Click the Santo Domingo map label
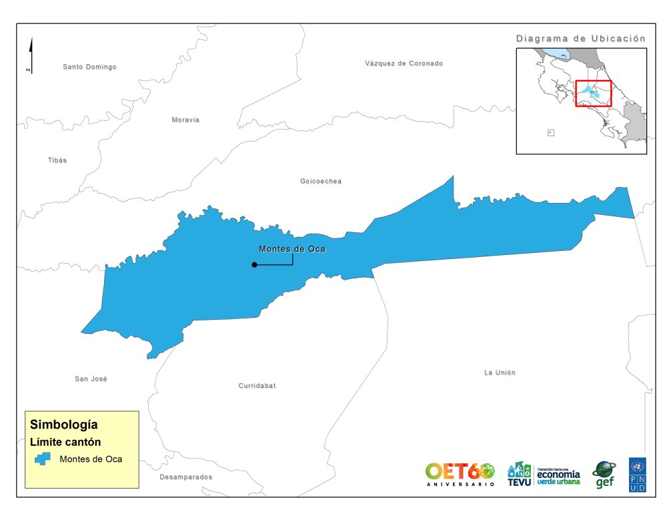coord(89,67)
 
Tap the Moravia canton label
coord(185,120)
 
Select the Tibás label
coord(57,160)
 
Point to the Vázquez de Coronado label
coord(404,63)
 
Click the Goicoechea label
coord(321,182)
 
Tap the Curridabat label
coord(257,386)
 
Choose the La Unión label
coord(500,372)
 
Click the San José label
coord(91,378)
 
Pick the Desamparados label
coord(185,477)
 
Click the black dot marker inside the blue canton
coord(254,265)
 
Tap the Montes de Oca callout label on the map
coord(291,249)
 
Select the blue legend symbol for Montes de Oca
coord(43,459)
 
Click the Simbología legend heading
coord(64,424)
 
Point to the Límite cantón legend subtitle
coord(65,441)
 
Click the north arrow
coord(31,55)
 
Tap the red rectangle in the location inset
coord(593,93)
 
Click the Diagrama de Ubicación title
coord(581,39)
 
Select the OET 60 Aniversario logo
coord(460,473)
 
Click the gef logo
coord(604,475)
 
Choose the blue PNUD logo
coord(637,475)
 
